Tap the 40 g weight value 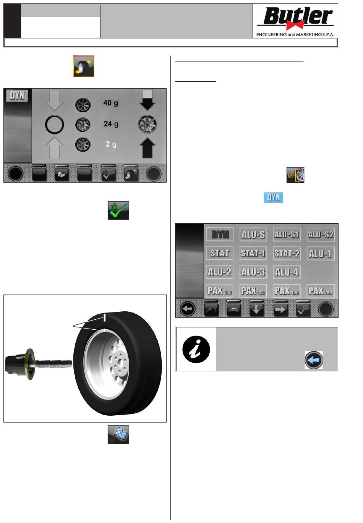[x=111, y=103]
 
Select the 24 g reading [x=111, y=124]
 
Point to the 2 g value [x=111, y=144]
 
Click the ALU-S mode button [x=253, y=235]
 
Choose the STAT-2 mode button [x=287, y=254]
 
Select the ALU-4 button [x=287, y=272]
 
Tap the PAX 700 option [x=321, y=291]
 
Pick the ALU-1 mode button [x=321, y=254]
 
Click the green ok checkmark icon [x=118, y=210]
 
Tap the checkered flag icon [x=118, y=435]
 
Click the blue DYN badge [x=273, y=198]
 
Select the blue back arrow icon [x=314, y=360]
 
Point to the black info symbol [x=196, y=350]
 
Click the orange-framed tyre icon [x=84, y=66]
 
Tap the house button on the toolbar [x=62, y=174]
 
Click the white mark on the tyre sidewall [x=104, y=318]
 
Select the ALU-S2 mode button [x=321, y=235]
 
